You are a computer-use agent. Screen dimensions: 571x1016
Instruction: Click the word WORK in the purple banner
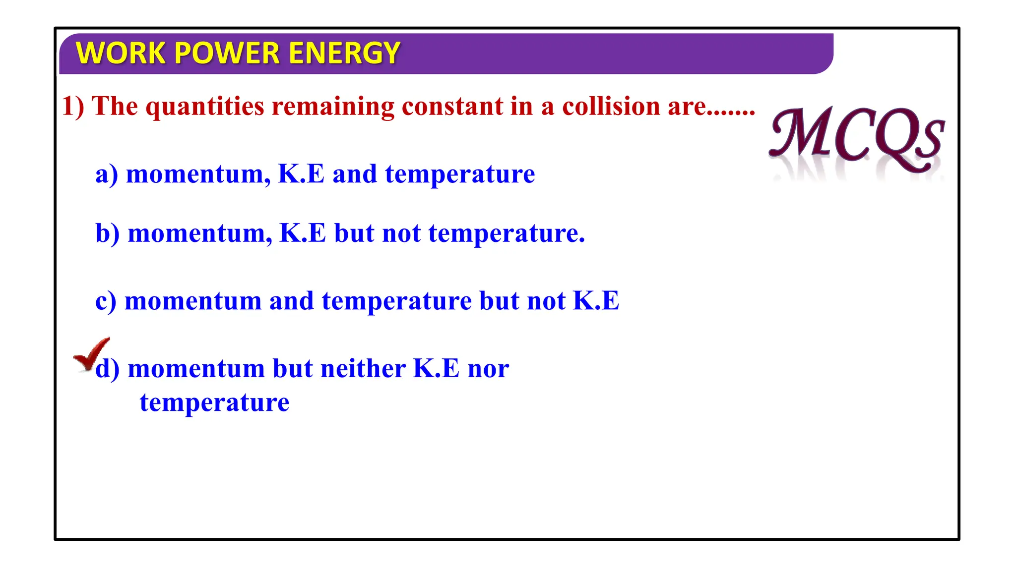coord(120,53)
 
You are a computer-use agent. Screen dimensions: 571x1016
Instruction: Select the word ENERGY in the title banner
coord(344,53)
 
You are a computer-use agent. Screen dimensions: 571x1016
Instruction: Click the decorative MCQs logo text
coord(857,137)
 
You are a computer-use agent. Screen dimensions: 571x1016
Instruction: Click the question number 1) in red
coord(73,106)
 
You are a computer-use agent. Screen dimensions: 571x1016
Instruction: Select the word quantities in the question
coord(205,106)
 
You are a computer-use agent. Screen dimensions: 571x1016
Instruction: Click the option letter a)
coord(107,174)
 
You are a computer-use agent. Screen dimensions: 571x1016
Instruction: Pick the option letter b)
coord(108,233)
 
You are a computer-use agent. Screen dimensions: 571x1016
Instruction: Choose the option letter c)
coord(106,301)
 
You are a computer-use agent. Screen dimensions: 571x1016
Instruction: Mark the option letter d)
coord(108,369)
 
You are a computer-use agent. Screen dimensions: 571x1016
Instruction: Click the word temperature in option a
coord(460,174)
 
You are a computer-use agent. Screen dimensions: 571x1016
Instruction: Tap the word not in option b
coord(401,233)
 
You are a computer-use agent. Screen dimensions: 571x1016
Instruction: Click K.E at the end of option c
coord(596,300)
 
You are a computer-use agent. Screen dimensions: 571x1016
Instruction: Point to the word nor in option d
coord(488,369)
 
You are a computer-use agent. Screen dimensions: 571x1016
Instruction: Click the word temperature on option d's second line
coord(214,402)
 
